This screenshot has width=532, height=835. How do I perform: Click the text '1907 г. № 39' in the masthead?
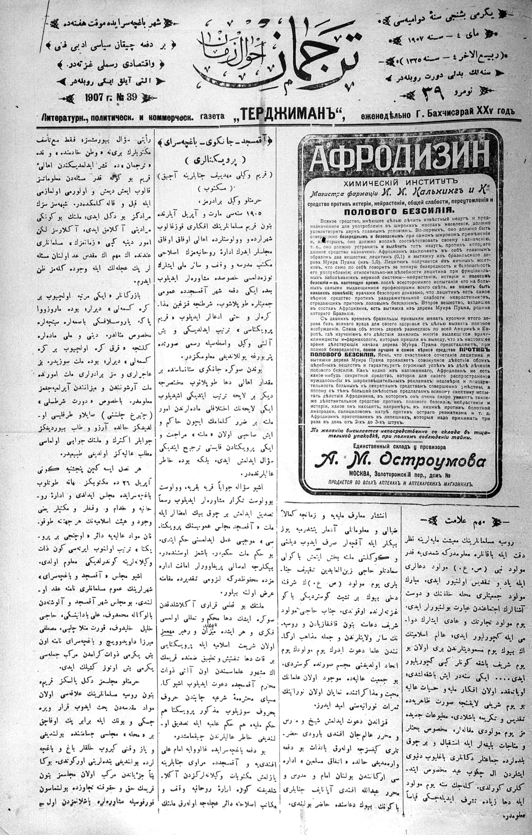[x=111, y=97]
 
